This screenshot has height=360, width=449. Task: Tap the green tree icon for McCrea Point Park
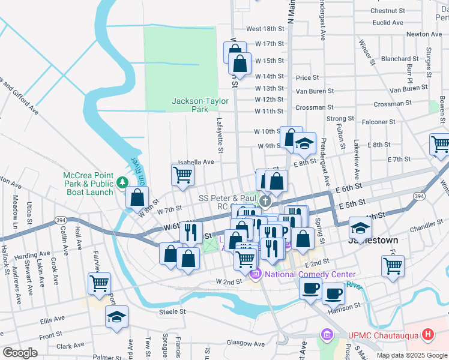pos(122,181)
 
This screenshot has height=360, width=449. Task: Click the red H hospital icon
pos(427,334)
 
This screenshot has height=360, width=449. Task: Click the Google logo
pos(20,353)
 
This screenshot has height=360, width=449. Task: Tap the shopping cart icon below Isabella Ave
pos(182,175)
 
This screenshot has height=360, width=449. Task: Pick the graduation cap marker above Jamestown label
pos(360,228)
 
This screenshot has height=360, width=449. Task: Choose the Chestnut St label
pos(387,11)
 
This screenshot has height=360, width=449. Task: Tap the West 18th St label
pos(265,29)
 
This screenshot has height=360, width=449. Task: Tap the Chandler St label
pos(426,229)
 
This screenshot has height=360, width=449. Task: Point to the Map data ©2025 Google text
pos(412,355)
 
